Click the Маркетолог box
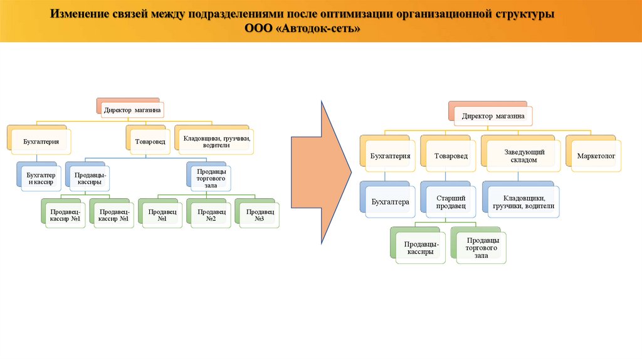point(596,155)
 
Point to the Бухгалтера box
point(391,202)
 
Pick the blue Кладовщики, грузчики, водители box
point(524,201)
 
